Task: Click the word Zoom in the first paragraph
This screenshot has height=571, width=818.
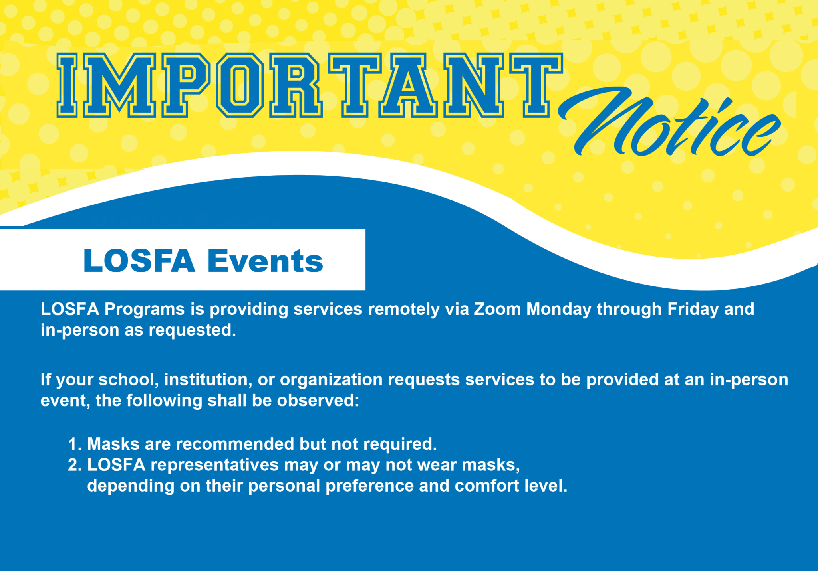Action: point(497,309)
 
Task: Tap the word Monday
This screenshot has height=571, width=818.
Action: point(559,309)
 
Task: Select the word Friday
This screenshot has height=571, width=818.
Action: point(693,309)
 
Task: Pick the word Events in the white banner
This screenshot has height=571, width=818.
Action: point(265,261)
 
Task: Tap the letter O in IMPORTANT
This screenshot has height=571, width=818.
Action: point(240,85)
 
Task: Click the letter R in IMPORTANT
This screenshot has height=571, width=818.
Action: point(295,85)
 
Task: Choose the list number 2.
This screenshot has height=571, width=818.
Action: point(74,465)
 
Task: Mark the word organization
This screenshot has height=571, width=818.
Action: point(331,380)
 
